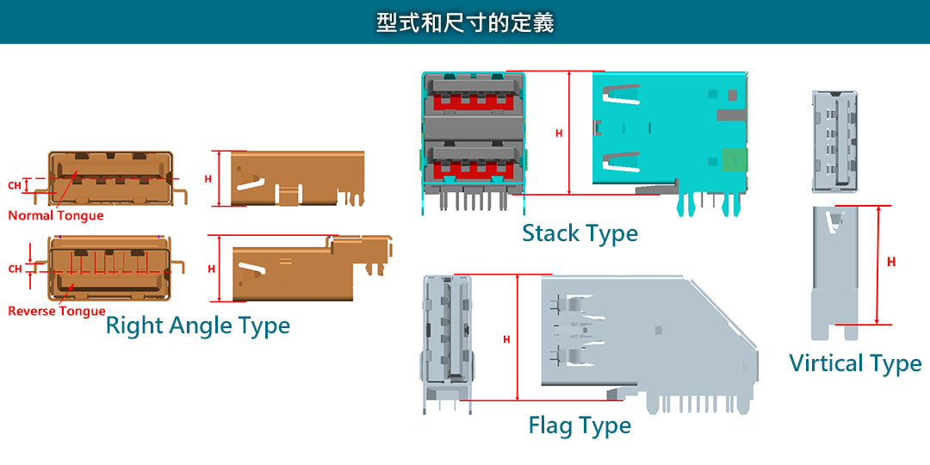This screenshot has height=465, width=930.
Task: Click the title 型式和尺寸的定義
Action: pyautogui.click(x=465, y=22)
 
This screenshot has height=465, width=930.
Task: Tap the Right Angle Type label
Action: pyautogui.click(x=197, y=325)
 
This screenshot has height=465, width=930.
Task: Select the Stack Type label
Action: pyautogui.click(x=580, y=233)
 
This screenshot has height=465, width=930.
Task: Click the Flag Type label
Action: pyautogui.click(x=580, y=425)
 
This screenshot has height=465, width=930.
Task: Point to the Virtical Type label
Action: pyautogui.click(x=855, y=363)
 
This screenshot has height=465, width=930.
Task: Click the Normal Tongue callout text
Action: pyautogui.click(x=56, y=215)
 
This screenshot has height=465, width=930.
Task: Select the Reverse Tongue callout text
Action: pyautogui.click(x=57, y=311)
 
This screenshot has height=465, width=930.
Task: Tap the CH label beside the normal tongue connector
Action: pyautogui.click(x=15, y=185)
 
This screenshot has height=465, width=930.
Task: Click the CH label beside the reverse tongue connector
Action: pyautogui.click(x=15, y=269)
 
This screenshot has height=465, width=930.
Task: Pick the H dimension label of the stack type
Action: pyautogui.click(x=559, y=133)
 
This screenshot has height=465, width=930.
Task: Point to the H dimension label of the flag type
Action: pyautogui.click(x=506, y=339)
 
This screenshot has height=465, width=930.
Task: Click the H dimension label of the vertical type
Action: pyautogui.click(x=891, y=262)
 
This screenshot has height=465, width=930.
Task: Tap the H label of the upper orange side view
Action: pyautogui.click(x=208, y=179)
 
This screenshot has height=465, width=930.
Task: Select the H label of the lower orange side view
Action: pyautogui.click(x=211, y=269)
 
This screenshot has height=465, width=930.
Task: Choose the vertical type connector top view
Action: pyautogui.click(x=834, y=140)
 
